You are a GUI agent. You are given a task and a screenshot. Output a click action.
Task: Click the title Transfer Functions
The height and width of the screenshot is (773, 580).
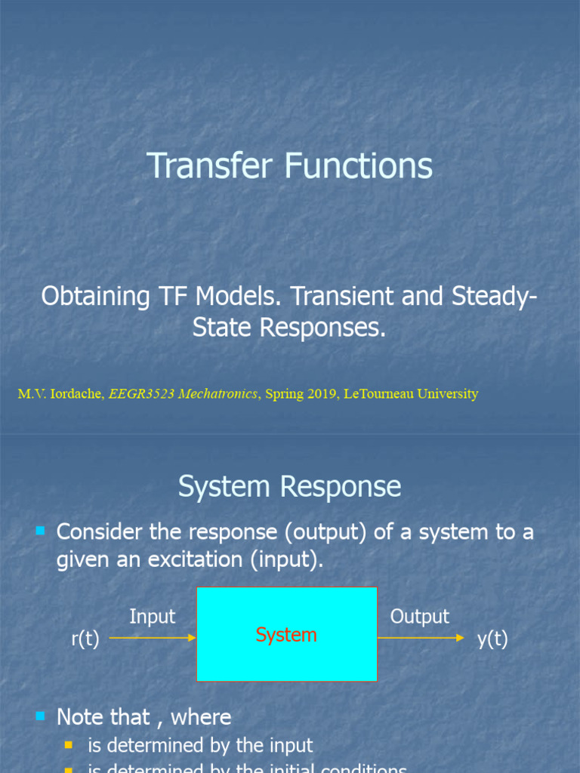[x=289, y=166]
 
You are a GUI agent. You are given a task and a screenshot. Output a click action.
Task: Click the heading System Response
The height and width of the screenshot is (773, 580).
[x=289, y=487]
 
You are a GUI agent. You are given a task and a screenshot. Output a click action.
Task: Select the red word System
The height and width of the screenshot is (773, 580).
[x=286, y=635]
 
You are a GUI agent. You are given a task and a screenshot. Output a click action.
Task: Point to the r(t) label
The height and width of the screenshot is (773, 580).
[x=85, y=639]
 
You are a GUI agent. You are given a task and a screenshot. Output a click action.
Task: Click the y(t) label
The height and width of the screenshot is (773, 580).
[x=492, y=639]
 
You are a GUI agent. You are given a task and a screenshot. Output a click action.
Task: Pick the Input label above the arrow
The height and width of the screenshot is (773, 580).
[x=152, y=616]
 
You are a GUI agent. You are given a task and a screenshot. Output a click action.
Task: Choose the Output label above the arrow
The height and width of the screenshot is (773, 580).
[x=419, y=616]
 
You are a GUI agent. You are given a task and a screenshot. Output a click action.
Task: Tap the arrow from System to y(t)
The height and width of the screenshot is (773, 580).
[x=421, y=638]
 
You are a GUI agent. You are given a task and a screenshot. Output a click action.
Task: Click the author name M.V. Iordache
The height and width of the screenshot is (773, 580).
[x=61, y=394]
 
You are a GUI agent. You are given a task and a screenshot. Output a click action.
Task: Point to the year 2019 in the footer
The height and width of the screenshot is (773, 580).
[x=321, y=394]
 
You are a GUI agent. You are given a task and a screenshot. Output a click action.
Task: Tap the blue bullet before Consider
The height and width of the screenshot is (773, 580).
[x=41, y=531]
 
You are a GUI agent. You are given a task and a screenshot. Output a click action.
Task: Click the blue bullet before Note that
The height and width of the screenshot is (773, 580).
[x=41, y=716]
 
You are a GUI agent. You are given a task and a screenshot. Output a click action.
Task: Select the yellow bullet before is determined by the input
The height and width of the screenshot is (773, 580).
[x=69, y=746]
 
